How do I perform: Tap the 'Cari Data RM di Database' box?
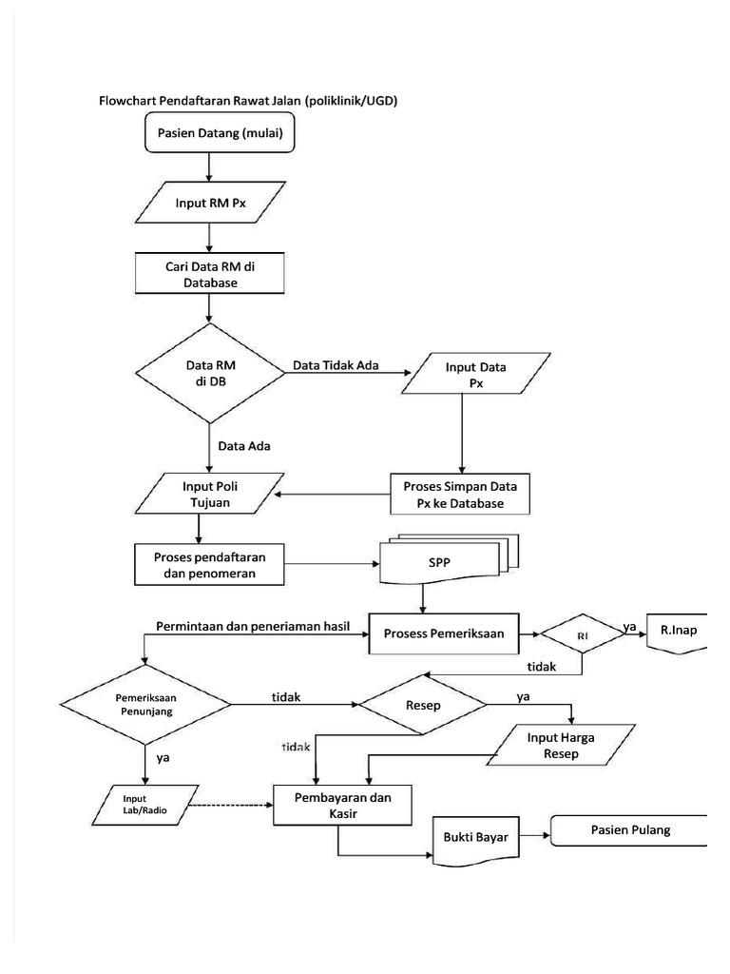click(x=211, y=273)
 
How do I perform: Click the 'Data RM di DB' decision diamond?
click(x=210, y=371)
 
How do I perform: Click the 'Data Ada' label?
click(x=244, y=443)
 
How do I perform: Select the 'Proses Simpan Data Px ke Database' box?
click(x=461, y=495)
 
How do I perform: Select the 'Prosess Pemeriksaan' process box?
click(x=444, y=633)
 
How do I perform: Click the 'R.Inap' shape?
click(x=678, y=631)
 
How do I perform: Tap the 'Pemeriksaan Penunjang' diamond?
click(x=145, y=704)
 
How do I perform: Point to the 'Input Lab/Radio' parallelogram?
click(x=142, y=804)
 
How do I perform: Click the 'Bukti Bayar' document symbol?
click(x=475, y=838)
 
